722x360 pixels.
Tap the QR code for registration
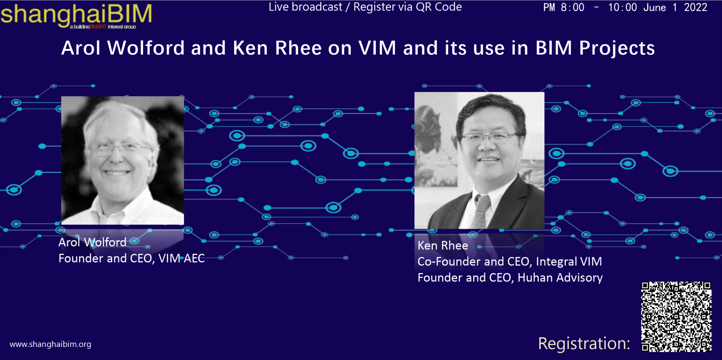pyautogui.click(x=676, y=317)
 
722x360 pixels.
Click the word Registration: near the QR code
pyautogui.click(x=584, y=343)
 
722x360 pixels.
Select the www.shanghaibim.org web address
pyautogui.click(x=50, y=344)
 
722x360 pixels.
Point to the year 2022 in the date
pyautogui.click(x=695, y=8)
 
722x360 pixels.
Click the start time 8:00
pyautogui.click(x=572, y=8)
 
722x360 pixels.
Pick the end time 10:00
pyautogui.click(x=622, y=8)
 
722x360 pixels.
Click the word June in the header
pyautogui.click(x=655, y=8)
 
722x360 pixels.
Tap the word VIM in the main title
pyautogui.click(x=377, y=48)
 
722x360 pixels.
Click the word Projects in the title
pyautogui.click(x=617, y=48)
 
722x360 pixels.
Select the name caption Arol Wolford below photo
pyautogui.click(x=93, y=242)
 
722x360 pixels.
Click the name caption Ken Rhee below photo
pyautogui.click(x=443, y=246)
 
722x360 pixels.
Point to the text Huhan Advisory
pyautogui.click(x=560, y=278)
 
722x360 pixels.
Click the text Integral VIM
pyautogui.click(x=569, y=261)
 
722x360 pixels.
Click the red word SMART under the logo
pyautogui.click(x=98, y=27)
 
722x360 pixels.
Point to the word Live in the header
pyautogui.click(x=279, y=7)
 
